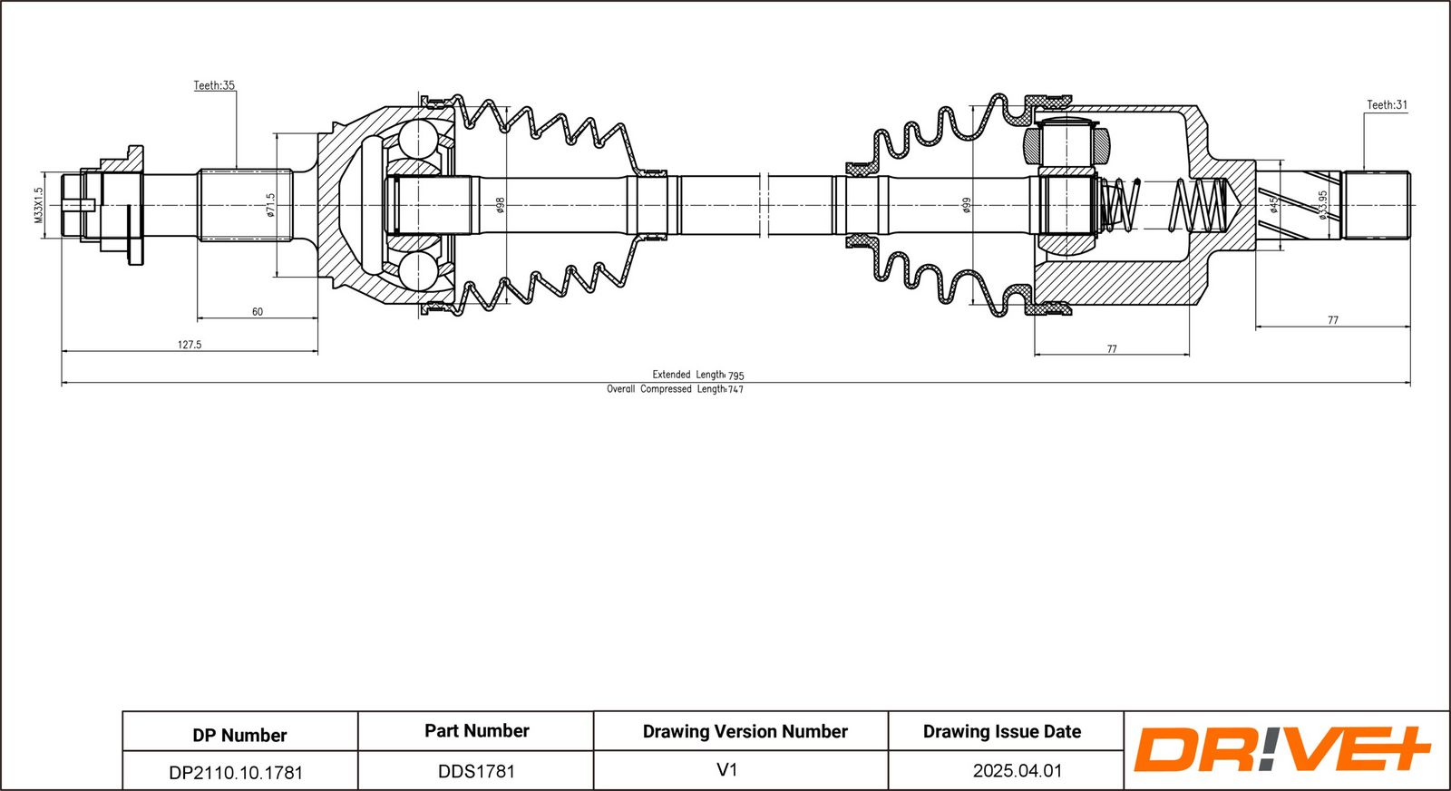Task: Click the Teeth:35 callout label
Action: (x=214, y=85)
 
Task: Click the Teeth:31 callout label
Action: (x=1387, y=105)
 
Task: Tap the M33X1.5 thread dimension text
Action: (x=38, y=206)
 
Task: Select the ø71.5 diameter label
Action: (x=270, y=205)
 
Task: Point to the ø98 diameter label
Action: (x=500, y=205)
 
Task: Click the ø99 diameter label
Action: (x=967, y=206)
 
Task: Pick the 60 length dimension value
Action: (x=258, y=312)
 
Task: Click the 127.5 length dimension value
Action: (x=190, y=345)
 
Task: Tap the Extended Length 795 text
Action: (x=697, y=375)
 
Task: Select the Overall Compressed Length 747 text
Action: (x=675, y=389)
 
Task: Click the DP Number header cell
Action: (x=239, y=735)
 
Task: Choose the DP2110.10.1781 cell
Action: (x=236, y=772)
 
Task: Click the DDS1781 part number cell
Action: (x=476, y=771)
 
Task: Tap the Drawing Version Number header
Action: (x=745, y=731)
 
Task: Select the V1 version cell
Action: (x=727, y=770)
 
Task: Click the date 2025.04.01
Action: (x=1018, y=770)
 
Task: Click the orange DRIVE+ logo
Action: (x=1281, y=749)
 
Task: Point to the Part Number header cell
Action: (x=476, y=730)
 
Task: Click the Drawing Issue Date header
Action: (x=1001, y=731)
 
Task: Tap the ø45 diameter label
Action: (x=1273, y=205)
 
